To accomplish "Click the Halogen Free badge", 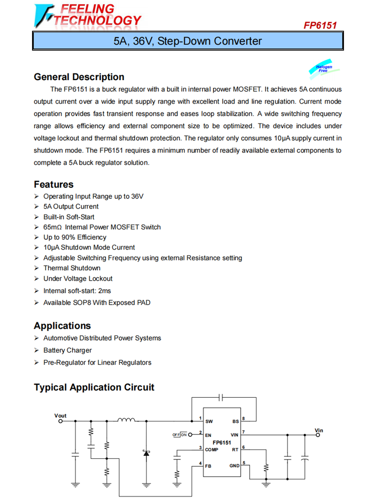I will tap(323, 68).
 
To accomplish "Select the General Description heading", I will tap(79, 77).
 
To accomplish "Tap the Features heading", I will tap(54, 184).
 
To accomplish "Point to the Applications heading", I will tap(62, 326).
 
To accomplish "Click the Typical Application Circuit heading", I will tap(94, 387).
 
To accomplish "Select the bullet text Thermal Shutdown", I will tap(72, 268).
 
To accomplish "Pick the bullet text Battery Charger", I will tap(68, 350).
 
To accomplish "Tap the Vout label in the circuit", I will tap(60, 416).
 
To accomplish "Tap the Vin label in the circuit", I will tap(319, 430).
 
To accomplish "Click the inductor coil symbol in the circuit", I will tap(126, 420).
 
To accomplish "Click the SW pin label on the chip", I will tap(209, 421).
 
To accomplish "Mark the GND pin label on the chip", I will tap(235, 465).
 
